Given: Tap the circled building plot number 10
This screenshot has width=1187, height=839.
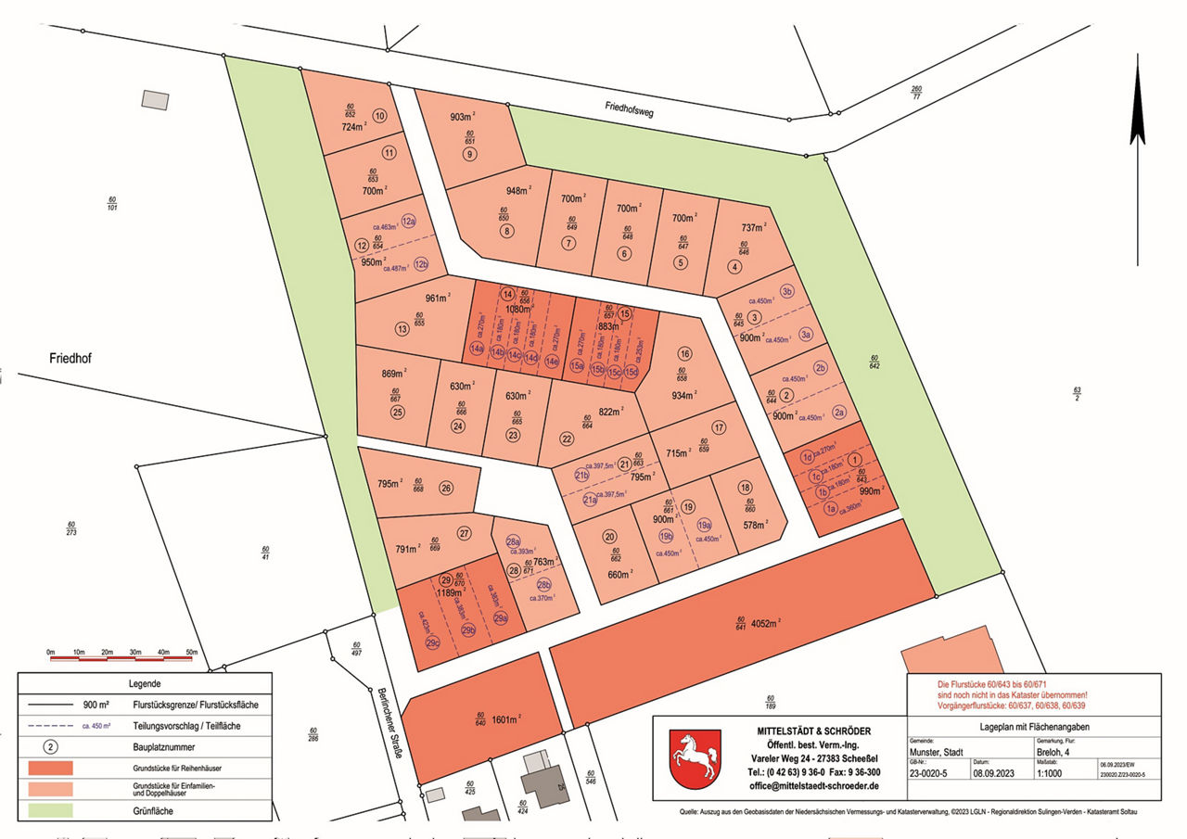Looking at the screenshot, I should click(x=379, y=116).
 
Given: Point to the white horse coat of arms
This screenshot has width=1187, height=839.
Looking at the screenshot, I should click(x=696, y=757).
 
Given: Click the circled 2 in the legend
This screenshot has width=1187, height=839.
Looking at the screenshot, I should click(x=52, y=746).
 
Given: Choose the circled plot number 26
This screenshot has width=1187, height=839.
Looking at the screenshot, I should click(x=446, y=489).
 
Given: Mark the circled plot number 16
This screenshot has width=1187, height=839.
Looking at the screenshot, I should click(x=684, y=354).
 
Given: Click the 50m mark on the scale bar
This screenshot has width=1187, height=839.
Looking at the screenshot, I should click(x=192, y=653).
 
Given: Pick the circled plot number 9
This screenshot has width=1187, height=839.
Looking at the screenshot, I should click(x=470, y=154).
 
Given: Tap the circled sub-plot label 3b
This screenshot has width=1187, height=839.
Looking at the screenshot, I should click(x=786, y=291).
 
